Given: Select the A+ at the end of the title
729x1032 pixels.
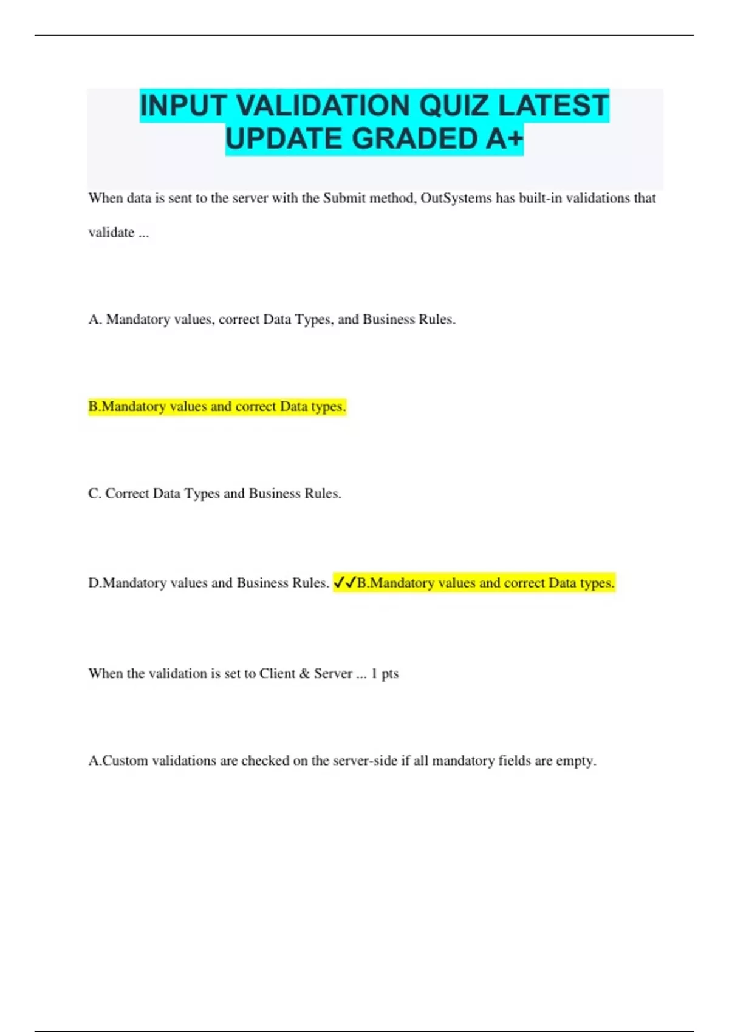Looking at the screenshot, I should (x=504, y=139).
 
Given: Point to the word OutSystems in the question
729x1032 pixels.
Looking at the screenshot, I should (x=456, y=198).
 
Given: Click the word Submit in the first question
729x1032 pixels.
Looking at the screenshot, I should (x=344, y=198).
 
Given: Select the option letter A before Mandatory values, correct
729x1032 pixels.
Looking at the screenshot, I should (x=95, y=319).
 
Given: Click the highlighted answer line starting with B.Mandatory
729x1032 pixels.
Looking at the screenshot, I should (x=217, y=406).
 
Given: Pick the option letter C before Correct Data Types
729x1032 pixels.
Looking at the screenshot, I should (x=94, y=494).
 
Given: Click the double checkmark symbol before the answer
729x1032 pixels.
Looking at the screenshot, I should (x=344, y=583).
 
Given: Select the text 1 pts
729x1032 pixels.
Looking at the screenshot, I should (x=385, y=673).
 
